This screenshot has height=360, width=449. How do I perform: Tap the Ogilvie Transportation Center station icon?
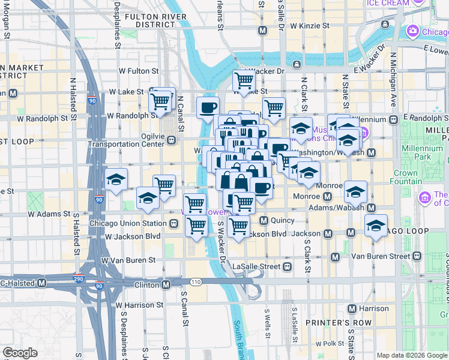click(x=172, y=140)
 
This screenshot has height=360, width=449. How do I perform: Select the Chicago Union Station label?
click(x=127, y=223)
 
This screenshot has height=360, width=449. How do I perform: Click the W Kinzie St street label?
click(x=309, y=26)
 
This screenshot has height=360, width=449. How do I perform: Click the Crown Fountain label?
click(x=406, y=177)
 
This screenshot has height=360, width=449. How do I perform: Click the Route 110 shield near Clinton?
click(x=196, y=282)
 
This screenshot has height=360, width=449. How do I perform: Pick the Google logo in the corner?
click(x=20, y=353)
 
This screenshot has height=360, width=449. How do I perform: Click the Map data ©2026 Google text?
click(x=412, y=355)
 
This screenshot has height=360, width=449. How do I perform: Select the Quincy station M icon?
click(x=263, y=220)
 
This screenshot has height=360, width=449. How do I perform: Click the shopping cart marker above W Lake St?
click(x=243, y=80)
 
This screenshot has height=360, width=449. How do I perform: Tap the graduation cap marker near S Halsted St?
click(x=116, y=180)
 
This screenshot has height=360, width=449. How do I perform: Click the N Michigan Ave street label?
click(x=394, y=81)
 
